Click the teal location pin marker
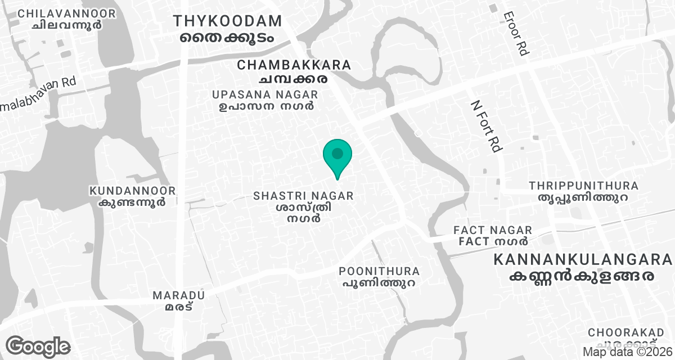[337, 157]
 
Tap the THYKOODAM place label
[227, 21]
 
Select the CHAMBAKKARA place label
[294, 65]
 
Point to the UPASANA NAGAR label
[265, 94]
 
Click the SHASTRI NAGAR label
[303, 196]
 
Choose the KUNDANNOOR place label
[132, 191]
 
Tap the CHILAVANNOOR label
[66, 13]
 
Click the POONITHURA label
[379, 272]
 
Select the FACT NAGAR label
[493, 230]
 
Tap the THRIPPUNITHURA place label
[583, 186]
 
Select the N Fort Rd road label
[486, 126]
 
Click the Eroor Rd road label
[516, 34]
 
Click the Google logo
[38, 346]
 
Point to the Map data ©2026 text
[627, 352]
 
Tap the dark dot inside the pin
[337, 153]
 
